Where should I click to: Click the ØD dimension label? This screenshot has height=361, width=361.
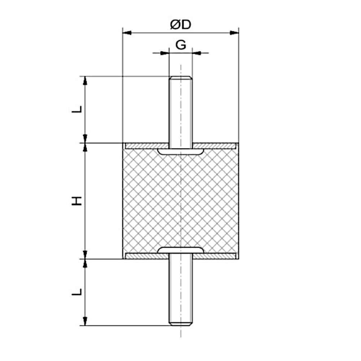pyautogui.click(x=180, y=25)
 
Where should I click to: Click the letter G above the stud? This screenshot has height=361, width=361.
pyautogui.click(x=180, y=45)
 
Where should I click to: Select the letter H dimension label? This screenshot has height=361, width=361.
pyautogui.click(x=77, y=201)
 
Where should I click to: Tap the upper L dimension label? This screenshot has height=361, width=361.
pyautogui.click(x=77, y=109)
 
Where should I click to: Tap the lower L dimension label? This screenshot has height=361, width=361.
pyautogui.click(x=77, y=292)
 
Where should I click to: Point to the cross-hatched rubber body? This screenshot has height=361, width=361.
pyautogui.click(x=152, y=202)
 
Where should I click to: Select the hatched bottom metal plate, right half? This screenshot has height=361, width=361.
pyautogui.click(x=217, y=256)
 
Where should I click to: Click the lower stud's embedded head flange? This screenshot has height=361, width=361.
pyautogui.click(x=180, y=250)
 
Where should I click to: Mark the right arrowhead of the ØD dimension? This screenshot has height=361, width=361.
pyautogui.click(x=234, y=33)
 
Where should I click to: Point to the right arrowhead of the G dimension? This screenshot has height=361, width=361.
pyautogui.click(x=196, y=53)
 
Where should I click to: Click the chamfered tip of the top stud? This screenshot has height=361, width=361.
pyautogui.click(x=180, y=78)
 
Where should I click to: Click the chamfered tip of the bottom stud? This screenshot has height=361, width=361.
pyautogui.click(x=180, y=323)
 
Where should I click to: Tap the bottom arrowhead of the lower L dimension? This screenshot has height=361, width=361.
pyautogui.click(x=85, y=321)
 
